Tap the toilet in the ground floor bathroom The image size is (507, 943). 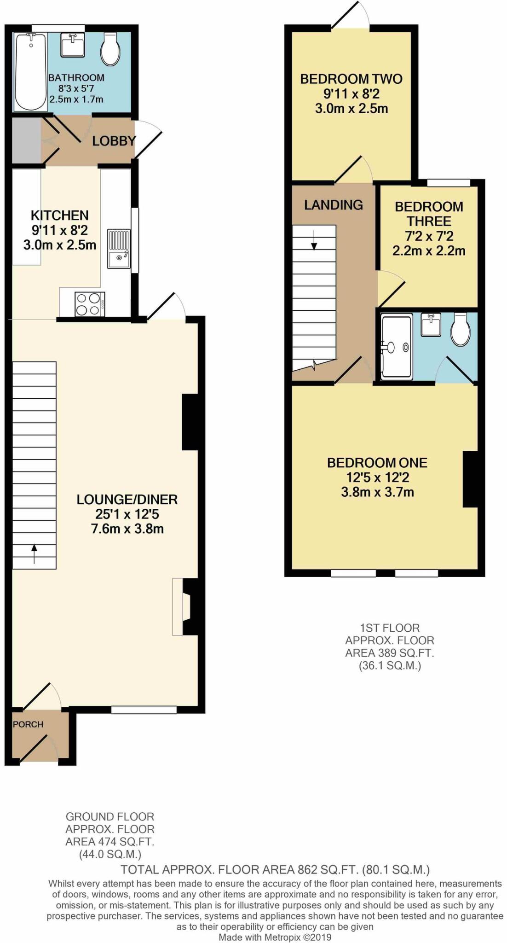(110, 48)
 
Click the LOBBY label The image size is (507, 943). (114, 141)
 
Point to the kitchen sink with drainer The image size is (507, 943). (119, 249)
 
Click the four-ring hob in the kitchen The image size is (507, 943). (89, 304)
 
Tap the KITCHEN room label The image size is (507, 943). (59, 215)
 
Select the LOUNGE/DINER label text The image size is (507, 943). (127, 499)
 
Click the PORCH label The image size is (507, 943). (28, 724)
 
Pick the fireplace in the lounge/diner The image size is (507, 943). (184, 607)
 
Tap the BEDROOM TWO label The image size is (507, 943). (351, 79)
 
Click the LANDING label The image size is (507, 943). (333, 204)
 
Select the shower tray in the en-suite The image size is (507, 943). (396, 348)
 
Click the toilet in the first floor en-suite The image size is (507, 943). (460, 330)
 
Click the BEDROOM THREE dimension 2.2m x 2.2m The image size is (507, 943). (428, 251)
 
